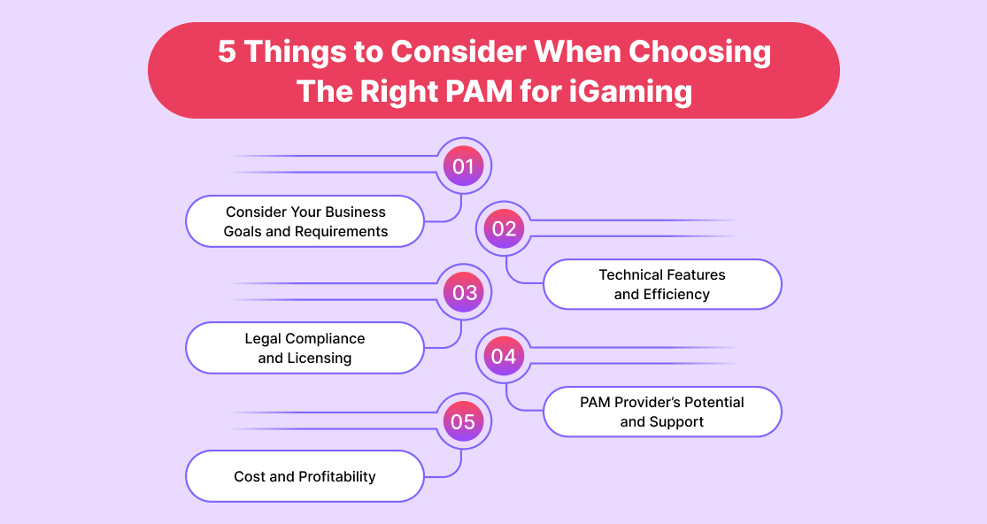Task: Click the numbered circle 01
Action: (x=464, y=166)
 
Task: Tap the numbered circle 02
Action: (x=504, y=229)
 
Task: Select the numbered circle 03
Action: (x=464, y=292)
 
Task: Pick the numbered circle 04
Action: (x=504, y=356)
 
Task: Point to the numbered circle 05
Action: (x=464, y=421)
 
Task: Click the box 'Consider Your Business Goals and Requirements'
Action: (x=305, y=221)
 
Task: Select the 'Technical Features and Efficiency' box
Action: (x=661, y=284)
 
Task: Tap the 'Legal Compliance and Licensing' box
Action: (x=305, y=348)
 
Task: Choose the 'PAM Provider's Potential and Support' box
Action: (x=661, y=412)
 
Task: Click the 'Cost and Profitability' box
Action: (x=305, y=476)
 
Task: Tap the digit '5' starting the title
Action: (x=227, y=52)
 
